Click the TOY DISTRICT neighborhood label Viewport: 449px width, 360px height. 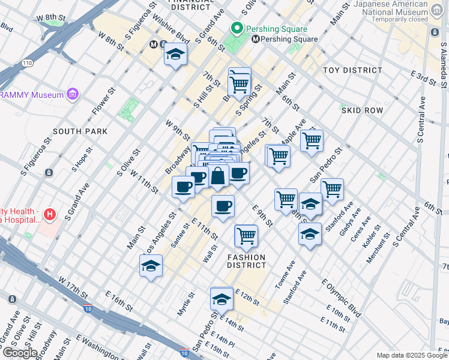[x=352, y=70]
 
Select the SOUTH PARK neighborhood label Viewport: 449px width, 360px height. [x=79, y=131]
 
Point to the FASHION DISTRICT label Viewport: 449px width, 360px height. [x=246, y=261]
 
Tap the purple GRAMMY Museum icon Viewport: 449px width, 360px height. [x=73, y=94]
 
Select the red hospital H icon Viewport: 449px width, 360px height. [x=50, y=214]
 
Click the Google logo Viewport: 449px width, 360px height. [x=19, y=353]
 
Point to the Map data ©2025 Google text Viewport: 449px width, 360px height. [x=411, y=355]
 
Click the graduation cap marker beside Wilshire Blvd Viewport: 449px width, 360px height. [x=175, y=55]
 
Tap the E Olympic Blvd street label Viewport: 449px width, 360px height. [x=342, y=298]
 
